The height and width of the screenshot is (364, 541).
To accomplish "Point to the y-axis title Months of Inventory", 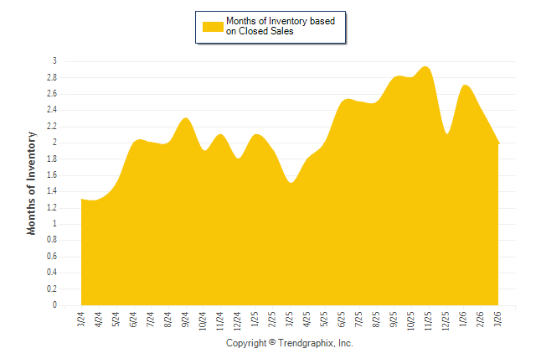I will click(x=32, y=182).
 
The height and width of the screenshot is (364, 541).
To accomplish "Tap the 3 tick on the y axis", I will click(x=54, y=61).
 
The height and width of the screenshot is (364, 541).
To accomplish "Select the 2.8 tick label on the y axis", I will click(x=51, y=77).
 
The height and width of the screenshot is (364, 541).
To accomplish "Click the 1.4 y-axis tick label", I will click(x=51, y=191).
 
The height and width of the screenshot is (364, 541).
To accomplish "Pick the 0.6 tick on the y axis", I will click(x=51, y=257).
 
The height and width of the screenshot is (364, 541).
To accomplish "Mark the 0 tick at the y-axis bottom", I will click(x=54, y=305).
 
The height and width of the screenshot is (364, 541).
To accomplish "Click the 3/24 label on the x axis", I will click(x=81, y=320).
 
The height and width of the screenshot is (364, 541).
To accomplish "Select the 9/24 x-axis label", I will click(x=186, y=320).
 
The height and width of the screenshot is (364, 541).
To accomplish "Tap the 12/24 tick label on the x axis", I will click(x=238, y=321).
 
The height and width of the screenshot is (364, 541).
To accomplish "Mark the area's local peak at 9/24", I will click(x=186, y=118).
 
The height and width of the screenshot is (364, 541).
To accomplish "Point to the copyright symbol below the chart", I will click(x=272, y=344).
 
